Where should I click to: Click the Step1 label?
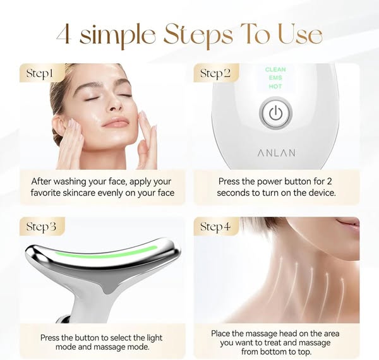39,73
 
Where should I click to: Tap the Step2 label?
215,73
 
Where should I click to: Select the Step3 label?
41,227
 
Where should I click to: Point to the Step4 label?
215,227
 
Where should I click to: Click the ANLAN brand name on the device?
277,153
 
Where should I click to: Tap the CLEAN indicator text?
275,69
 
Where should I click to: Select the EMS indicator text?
275,78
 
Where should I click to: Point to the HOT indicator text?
275,87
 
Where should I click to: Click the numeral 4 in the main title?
64,34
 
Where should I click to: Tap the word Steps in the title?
198,35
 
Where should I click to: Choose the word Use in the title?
300,34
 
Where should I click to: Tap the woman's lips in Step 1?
115,123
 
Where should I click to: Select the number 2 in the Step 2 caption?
329,181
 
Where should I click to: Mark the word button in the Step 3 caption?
87,337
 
